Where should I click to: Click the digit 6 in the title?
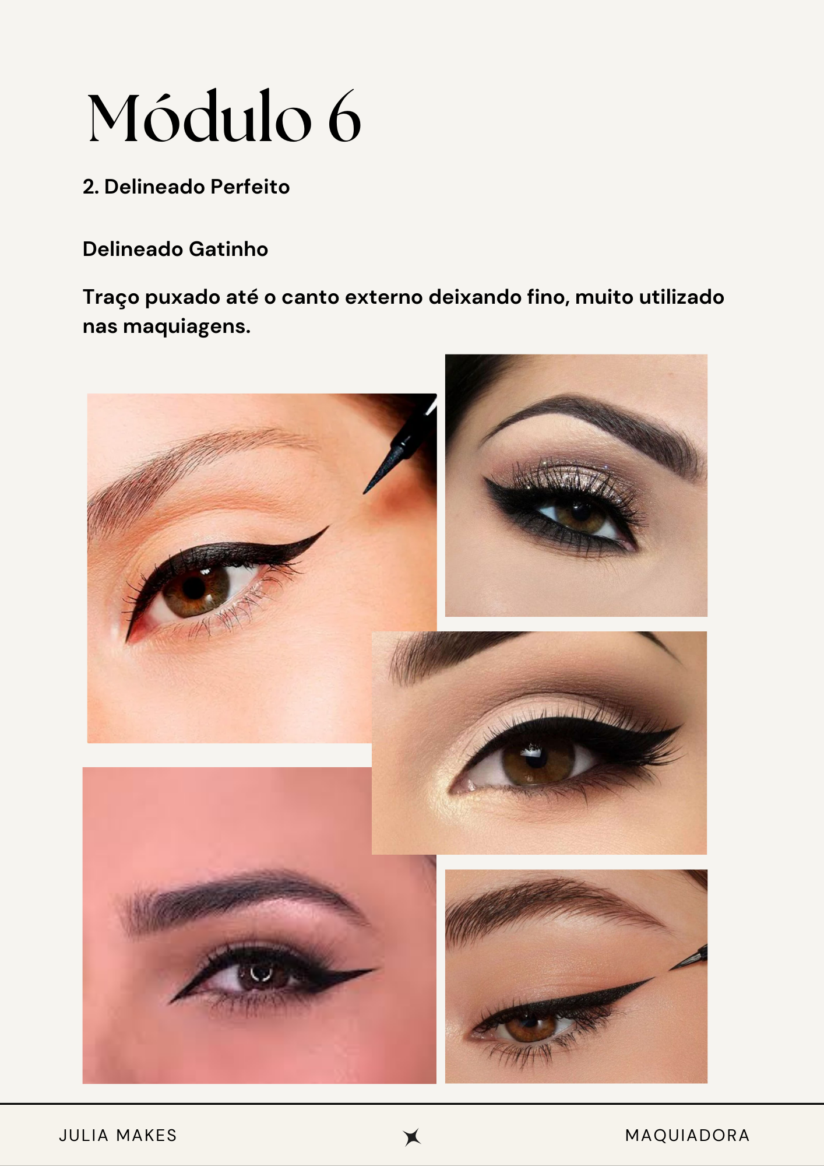[344, 117]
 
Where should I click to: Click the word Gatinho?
[228, 249]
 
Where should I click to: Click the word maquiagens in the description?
[186, 327]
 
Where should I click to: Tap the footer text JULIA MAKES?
[118, 1135]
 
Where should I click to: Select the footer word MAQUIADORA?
[687, 1135]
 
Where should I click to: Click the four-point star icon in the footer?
[412, 1136]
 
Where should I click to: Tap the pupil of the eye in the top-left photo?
[193, 588]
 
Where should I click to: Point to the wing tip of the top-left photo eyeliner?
[328, 527]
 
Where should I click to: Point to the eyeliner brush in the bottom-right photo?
[689, 958]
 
